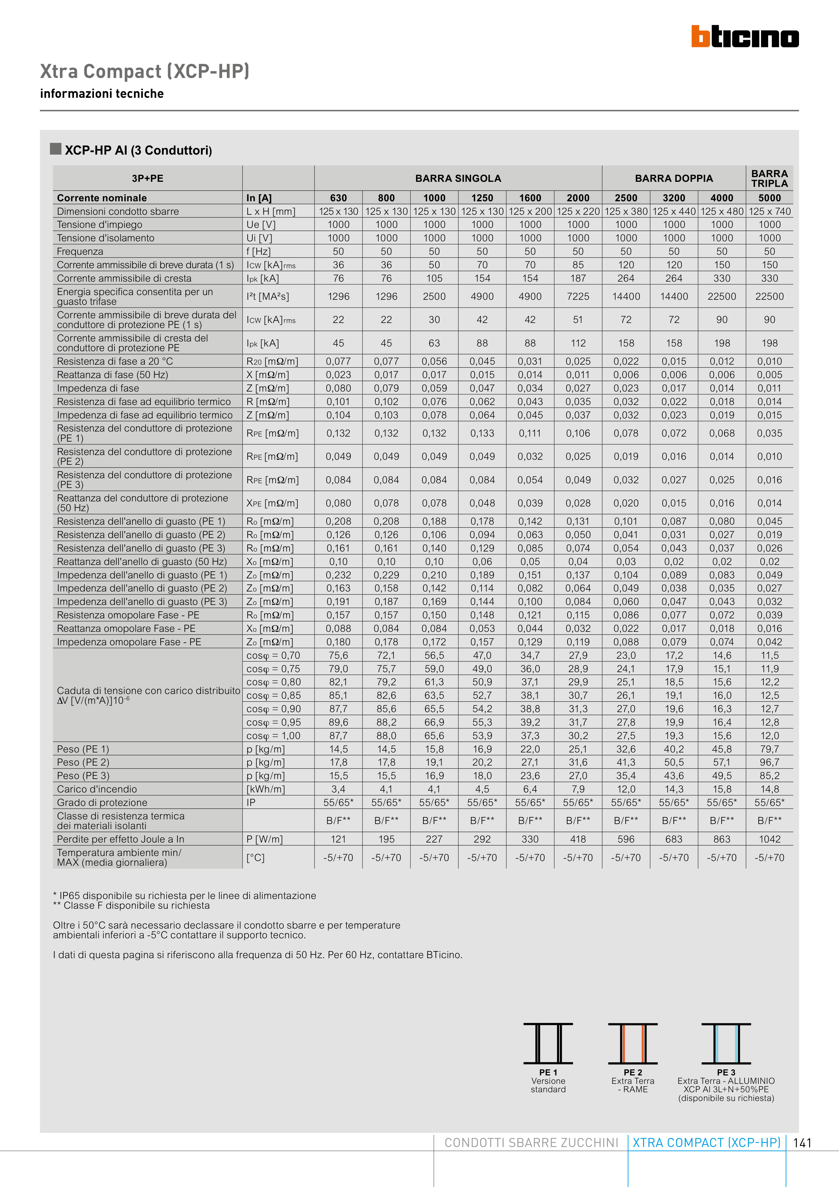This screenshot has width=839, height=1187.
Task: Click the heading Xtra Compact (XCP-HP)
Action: click(x=145, y=71)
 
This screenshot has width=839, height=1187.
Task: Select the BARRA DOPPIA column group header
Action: click(x=674, y=178)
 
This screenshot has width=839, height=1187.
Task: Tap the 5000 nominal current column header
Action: click(x=769, y=198)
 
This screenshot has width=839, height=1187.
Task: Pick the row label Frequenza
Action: click(x=80, y=252)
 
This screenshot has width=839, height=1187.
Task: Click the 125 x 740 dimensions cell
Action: click(x=769, y=211)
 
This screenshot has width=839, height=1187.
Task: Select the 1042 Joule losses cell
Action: click(x=769, y=839)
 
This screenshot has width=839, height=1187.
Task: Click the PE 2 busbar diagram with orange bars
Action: click(x=633, y=1043)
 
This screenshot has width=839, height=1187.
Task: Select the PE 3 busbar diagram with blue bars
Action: click(x=726, y=1043)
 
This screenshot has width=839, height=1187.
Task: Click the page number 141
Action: click(x=802, y=1143)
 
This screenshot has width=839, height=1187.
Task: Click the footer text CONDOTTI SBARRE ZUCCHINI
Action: click(x=532, y=1143)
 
